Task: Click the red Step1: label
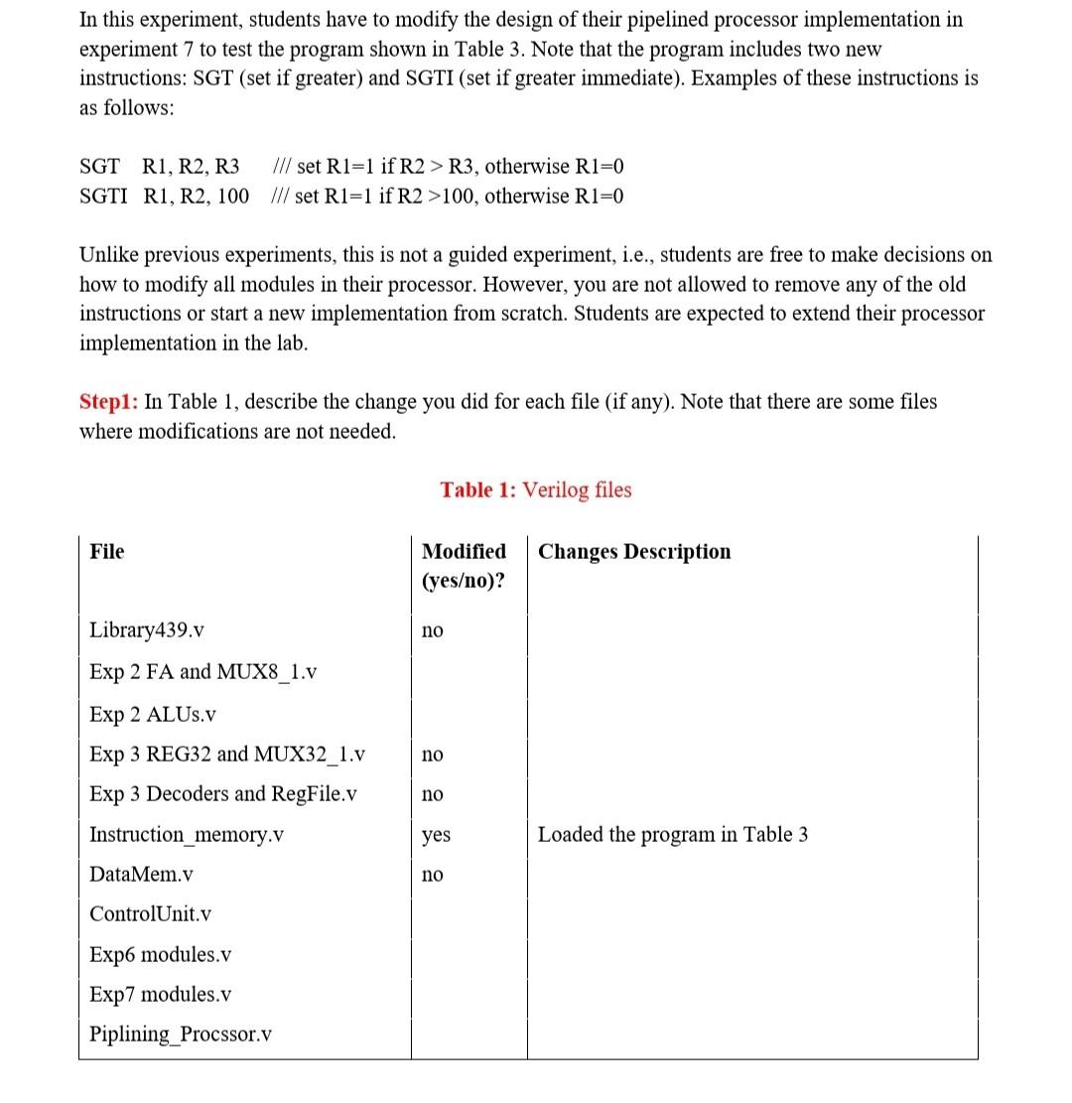point(109,402)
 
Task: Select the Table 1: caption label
point(478,490)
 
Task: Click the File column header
point(107,552)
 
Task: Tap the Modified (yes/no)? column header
point(464,566)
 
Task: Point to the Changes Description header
point(634,552)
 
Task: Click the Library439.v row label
point(147,630)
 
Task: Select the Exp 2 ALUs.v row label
point(153,715)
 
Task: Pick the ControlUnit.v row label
point(150,914)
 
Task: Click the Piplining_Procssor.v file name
point(181,1034)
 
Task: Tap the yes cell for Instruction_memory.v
point(436,835)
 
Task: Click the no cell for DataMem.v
point(433,875)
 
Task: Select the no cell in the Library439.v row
point(433,630)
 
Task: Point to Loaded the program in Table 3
point(672,835)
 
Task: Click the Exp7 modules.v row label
point(160,995)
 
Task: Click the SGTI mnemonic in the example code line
point(102,197)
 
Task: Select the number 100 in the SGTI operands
point(232,197)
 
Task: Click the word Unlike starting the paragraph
point(108,255)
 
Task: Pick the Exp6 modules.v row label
point(160,955)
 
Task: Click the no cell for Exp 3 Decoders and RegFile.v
point(433,794)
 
